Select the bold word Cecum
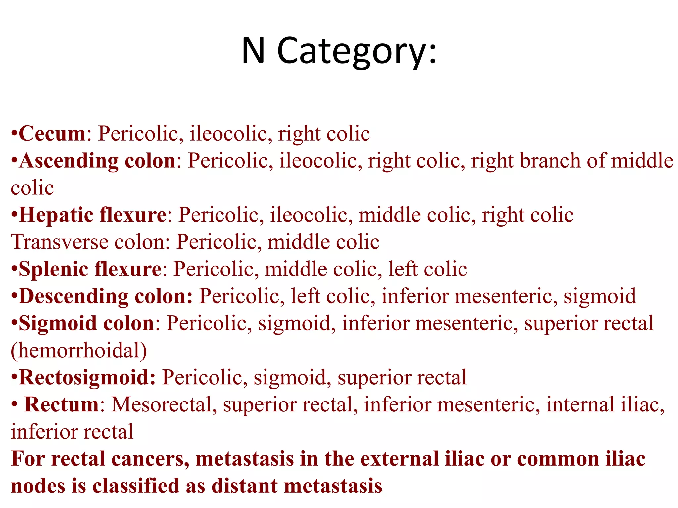tap(52, 134)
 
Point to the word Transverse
tap(60, 242)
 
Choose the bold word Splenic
tap(53, 269)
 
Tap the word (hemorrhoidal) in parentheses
tap(79, 351)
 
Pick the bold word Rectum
tap(62, 405)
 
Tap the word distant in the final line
tap(245, 486)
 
